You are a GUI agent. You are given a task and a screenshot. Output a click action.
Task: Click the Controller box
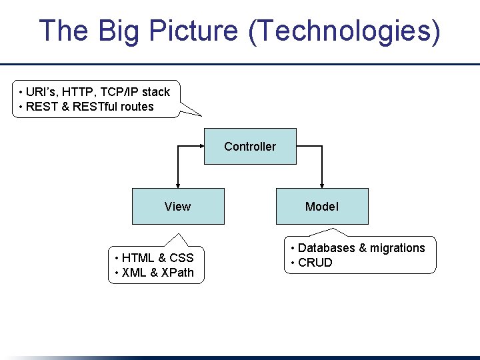[250, 146]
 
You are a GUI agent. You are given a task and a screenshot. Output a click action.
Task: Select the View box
[178, 206]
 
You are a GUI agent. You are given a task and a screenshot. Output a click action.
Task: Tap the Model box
[322, 206]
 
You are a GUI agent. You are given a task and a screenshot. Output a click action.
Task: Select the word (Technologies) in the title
[344, 31]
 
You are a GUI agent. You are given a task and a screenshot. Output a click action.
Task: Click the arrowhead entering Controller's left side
[200, 146]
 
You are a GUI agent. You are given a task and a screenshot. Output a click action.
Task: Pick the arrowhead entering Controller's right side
[300, 146]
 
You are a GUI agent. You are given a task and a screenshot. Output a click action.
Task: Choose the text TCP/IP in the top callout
[120, 92]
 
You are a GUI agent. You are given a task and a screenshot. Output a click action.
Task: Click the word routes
[137, 107]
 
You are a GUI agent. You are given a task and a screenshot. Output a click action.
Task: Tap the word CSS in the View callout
[181, 258]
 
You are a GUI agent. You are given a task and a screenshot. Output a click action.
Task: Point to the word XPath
[177, 272]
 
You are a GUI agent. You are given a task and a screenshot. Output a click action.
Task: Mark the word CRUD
[315, 263]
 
